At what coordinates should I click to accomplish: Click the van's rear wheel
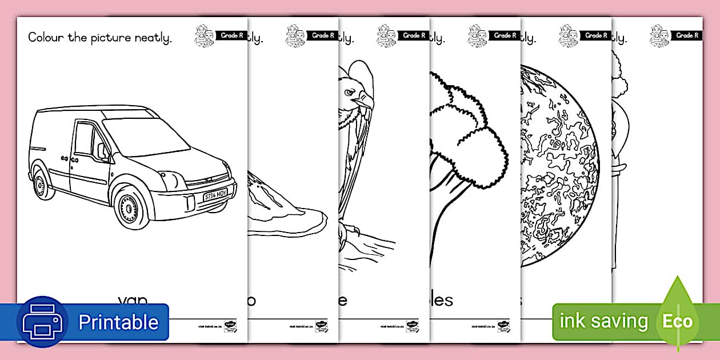41,182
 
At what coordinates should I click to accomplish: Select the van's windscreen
145,136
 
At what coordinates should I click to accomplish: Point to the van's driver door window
85,139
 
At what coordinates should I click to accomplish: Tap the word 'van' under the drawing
133,300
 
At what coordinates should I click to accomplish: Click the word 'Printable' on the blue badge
118,322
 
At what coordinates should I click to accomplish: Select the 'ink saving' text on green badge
603,322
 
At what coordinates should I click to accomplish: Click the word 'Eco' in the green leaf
677,322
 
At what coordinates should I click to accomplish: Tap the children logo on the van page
203,35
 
